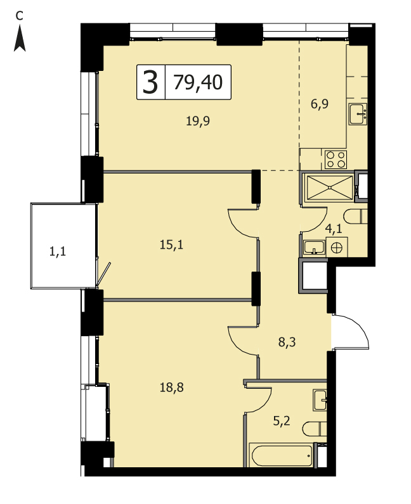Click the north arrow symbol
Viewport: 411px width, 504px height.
(20, 39)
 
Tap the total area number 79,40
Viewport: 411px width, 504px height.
(198, 82)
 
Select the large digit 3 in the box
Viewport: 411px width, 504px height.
(150, 82)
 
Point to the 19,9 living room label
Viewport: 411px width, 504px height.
(198, 121)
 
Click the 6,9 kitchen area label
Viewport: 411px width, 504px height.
(319, 104)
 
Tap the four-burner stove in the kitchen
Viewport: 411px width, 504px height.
(336, 160)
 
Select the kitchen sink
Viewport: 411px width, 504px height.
(358, 114)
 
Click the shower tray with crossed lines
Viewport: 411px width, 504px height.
(330, 187)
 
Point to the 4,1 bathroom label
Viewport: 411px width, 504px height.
(334, 229)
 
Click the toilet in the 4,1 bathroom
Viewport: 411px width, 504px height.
(356, 217)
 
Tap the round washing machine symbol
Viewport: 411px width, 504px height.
(337, 247)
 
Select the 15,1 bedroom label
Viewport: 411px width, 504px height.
(171, 245)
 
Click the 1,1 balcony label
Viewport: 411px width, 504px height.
(58, 251)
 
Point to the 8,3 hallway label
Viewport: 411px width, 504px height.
(287, 343)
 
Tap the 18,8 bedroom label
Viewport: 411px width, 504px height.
(171, 387)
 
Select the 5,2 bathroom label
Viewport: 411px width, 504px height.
(282, 420)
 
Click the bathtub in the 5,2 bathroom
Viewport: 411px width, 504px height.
(281, 455)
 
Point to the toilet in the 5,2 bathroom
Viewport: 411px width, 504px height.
(315, 429)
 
